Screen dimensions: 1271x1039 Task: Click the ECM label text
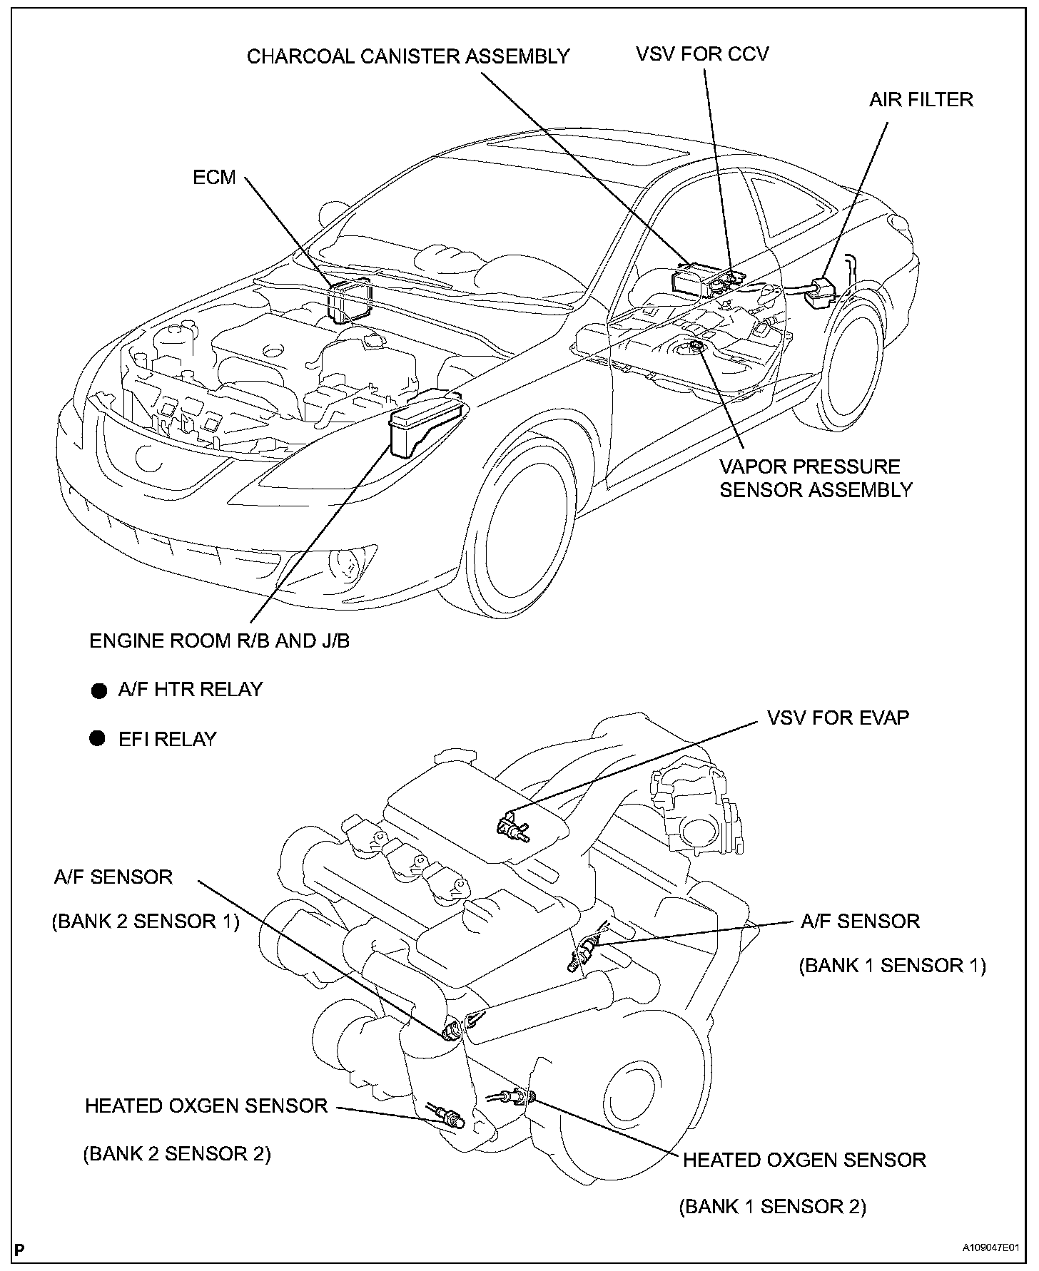point(214,177)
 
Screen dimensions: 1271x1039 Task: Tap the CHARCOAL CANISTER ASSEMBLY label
point(407,56)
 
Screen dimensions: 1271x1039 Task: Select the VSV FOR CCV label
point(702,54)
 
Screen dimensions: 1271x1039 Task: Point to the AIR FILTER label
point(921,99)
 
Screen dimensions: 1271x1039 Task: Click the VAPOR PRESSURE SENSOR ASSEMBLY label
point(816,478)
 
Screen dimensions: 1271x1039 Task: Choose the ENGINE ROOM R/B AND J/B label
point(219,640)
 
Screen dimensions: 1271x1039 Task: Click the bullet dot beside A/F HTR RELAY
point(98,690)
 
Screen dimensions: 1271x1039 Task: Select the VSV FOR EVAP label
point(838,718)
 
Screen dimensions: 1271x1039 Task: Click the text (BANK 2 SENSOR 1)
point(145,921)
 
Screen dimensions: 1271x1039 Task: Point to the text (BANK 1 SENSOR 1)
point(892,965)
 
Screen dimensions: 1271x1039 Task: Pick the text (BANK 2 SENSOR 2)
point(177,1153)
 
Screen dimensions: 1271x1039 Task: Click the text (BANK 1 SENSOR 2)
point(772,1206)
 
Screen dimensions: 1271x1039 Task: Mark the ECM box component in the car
point(350,300)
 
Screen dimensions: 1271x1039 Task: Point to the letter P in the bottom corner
point(19,1249)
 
